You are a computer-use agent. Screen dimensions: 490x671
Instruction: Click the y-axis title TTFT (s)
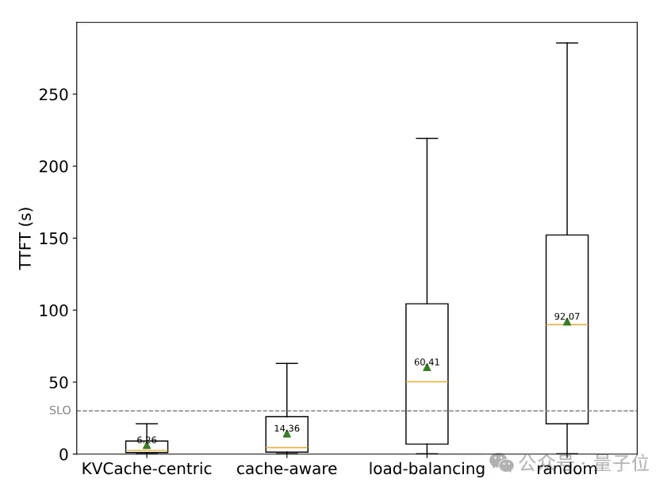point(25,238)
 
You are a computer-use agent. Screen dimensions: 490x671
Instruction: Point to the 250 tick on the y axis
point(54,94)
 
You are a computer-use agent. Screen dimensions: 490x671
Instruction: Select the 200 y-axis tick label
point(54,167)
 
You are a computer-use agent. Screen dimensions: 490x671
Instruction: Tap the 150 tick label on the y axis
point(54,239)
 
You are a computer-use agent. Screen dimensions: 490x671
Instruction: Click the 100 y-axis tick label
point(54,310)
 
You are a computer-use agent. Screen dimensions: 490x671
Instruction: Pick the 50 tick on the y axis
point(59,382)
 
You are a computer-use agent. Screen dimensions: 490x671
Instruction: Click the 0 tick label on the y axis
point(63,454)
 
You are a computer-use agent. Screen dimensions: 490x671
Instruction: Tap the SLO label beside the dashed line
point(59,411)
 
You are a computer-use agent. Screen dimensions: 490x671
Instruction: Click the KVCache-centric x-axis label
point(147,469)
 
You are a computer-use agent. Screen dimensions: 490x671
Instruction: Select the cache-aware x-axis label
point(286,469)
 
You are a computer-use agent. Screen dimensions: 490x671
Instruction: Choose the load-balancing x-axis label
point(427,469)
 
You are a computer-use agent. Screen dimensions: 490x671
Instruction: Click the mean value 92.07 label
point(567,316)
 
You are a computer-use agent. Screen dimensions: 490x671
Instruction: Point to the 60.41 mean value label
point(427,362)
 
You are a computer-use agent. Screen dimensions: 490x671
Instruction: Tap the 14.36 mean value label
point(286,428)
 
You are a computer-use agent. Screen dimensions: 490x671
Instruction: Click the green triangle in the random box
point(567,322)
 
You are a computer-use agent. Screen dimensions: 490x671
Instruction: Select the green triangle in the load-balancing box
point(427,367)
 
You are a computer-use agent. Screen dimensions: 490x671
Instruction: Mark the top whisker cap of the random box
point(567,43)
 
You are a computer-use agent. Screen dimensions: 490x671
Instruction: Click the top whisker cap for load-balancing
point(427,139)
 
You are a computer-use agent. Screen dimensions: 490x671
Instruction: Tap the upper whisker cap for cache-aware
point(286,363)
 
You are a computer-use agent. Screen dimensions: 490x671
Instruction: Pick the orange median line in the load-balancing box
point(427,382)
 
